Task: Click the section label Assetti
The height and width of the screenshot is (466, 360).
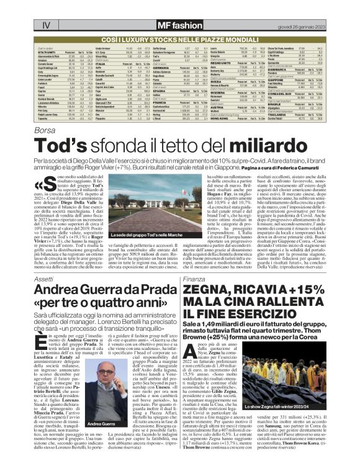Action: coord(44,280)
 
